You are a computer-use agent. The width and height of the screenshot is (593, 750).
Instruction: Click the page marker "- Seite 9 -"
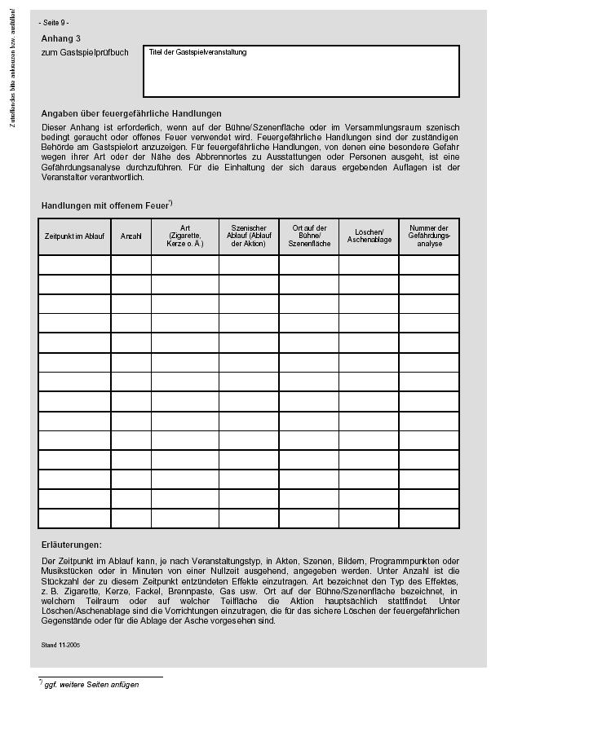tap(54, 22)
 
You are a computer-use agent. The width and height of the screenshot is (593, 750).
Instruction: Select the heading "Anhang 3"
tap(61, 38)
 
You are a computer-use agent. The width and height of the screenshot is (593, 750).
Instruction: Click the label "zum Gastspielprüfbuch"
tap(85, 52)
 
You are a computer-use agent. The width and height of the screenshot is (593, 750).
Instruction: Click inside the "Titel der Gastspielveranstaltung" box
tap(301, 73)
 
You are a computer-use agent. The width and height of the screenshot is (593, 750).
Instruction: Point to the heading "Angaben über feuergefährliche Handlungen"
tap(131, 113)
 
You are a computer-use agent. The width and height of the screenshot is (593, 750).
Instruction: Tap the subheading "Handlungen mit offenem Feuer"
tap(105, 205)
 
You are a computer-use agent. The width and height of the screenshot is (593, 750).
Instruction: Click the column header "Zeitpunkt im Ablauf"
tap(74, 236)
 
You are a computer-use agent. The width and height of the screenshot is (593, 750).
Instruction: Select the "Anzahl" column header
tap(131, 236)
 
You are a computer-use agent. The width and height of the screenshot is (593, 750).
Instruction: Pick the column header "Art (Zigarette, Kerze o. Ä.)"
tap(185, 236)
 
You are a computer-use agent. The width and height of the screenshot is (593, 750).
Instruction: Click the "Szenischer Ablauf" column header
tap(249, 236)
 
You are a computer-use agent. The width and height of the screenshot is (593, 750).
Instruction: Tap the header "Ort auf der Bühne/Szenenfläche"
tap(309, 236)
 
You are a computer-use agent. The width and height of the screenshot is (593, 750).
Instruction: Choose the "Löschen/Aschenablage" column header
tap(369, 236)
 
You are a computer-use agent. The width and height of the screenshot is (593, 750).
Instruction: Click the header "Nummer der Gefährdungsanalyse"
tap(429, 236)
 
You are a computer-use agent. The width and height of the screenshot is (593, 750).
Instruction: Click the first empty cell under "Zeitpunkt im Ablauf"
tap(74, 265)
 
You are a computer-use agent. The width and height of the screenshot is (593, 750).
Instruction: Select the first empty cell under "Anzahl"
tap(131, 265)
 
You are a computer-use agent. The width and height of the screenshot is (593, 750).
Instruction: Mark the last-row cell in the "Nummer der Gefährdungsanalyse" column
tap(429, 518)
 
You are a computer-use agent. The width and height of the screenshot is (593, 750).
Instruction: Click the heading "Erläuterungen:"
tap(72, 545)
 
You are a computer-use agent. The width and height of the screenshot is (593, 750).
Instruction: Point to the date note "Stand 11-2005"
tap(60, 645)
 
